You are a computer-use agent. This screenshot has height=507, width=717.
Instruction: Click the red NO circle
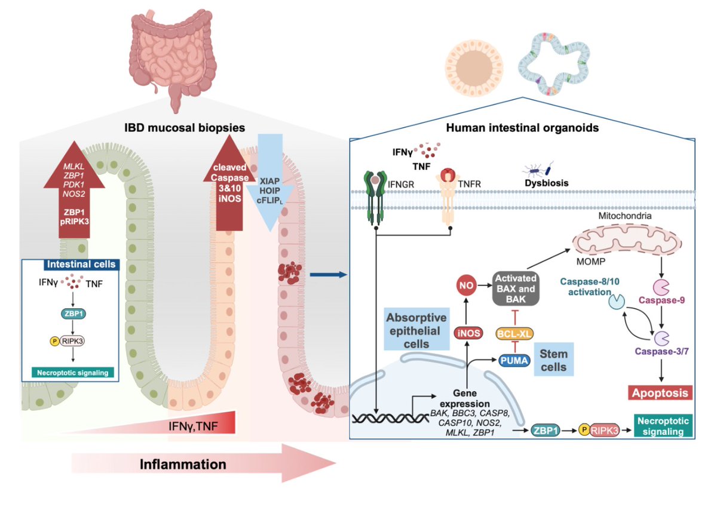tap(466, 285)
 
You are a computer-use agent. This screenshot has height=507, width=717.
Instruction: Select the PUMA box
tap(514, 361)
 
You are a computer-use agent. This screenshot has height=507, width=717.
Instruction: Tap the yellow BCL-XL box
tap(514, 334)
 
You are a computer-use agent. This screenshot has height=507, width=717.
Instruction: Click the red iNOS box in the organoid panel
tap(468, 333)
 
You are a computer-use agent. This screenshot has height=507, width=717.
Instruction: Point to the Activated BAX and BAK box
tap(516, 288)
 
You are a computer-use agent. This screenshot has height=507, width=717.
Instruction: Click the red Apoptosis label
tap(660, 393)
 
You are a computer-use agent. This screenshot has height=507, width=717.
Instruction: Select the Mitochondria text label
tap(625, 216)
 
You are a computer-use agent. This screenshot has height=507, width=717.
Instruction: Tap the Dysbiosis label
tap(547, 183)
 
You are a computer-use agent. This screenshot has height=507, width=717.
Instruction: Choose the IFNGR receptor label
tap(401, 185)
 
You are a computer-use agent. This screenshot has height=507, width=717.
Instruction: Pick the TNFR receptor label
tap(469, 184)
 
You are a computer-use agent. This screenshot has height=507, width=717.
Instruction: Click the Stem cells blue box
tap(553, 360)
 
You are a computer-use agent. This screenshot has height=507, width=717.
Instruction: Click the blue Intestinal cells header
tap(81, 264)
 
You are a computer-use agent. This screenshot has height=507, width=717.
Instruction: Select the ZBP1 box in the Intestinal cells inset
tap(73, 314)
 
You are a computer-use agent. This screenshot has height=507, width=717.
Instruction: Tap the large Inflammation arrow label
tap(183, 464)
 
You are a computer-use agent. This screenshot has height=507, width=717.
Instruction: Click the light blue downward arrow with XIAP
tap(270, 182)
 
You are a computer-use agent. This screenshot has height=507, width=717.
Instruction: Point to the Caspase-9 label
tap(661, 300)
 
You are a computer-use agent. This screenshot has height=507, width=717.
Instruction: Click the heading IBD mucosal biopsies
tap(185, 128)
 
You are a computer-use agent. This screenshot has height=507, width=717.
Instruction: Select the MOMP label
tap(591, 262)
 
